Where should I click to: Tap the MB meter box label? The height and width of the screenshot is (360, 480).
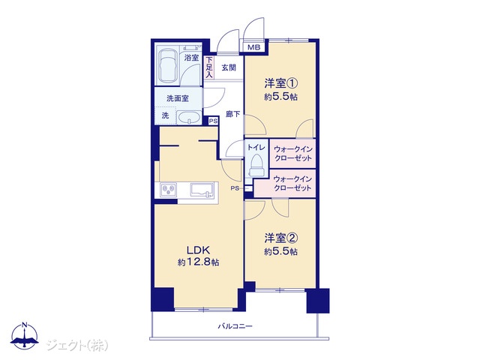coord(253,47)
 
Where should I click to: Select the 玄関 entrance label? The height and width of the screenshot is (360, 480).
coord(229,67)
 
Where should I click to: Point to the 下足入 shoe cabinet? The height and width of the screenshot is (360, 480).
coord(209,67)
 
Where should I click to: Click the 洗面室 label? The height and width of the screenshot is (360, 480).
coord(178,98)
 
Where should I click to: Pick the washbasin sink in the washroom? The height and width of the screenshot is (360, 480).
coord(189,118)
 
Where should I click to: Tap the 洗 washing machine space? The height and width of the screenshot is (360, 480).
coord(165,115)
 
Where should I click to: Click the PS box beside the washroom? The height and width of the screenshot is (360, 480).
coord(213,121)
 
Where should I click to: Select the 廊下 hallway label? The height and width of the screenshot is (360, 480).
coord(232,114)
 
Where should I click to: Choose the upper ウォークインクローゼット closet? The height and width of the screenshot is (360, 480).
coord(292,153)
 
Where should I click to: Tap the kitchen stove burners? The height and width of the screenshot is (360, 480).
coord(168,190)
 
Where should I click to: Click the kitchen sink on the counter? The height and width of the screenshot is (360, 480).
coord(201,190)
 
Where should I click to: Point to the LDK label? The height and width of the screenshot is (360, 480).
coord(198,250)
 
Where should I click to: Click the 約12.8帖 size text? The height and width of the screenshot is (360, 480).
coord(198,262)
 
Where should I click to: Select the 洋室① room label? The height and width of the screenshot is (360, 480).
coord(281,83)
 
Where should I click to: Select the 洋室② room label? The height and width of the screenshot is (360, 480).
coord(281,238)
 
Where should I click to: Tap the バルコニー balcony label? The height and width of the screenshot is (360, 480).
coord(235,326)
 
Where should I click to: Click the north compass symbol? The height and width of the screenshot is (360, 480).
coord(25,335)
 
